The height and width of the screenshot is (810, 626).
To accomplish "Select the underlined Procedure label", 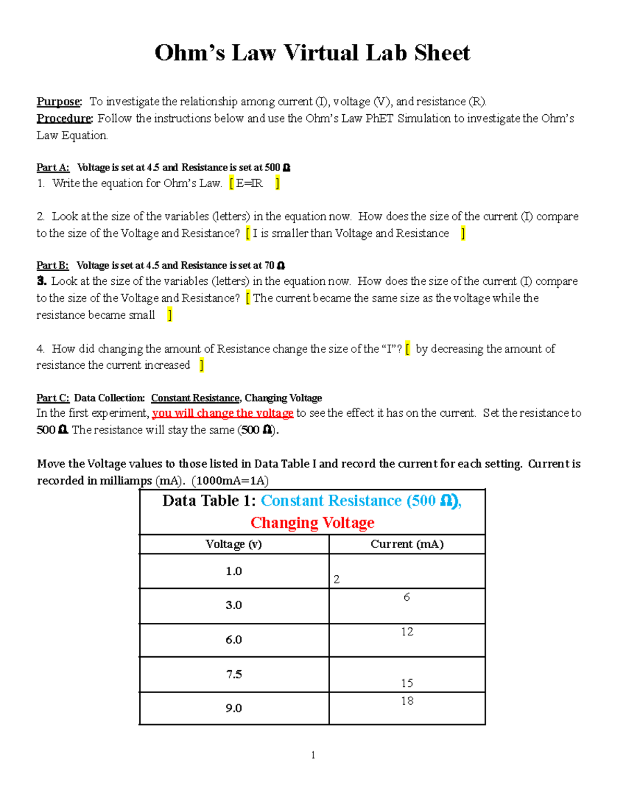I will pos(64,118).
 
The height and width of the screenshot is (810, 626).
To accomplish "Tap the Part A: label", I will pos(53,167).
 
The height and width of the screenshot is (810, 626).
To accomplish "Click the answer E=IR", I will pos(249,184).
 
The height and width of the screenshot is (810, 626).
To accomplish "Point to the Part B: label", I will pos(52,265).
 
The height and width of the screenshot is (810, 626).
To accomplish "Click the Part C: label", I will pos(53,398).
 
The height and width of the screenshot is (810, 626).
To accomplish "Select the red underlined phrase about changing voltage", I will pos(223,414).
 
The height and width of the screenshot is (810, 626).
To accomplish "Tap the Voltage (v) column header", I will pos(234,544).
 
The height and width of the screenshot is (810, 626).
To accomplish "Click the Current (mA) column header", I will pos(407,544).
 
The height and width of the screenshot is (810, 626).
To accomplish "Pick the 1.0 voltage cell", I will pos(234,571).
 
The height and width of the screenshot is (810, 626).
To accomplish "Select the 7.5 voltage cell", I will pos(234,674).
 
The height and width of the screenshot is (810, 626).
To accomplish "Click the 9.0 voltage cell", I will pos(234,708).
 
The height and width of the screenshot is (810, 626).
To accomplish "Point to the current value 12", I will pos(407,632).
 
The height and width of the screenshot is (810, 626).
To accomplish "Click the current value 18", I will pos(407,701).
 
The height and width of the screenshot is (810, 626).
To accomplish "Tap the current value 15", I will pos(407,683).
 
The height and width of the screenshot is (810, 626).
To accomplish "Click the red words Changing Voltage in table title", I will pos(312,523).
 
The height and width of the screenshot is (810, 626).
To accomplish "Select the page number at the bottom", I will pos(313,755).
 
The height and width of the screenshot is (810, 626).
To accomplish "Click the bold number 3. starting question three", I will pos(42,282).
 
